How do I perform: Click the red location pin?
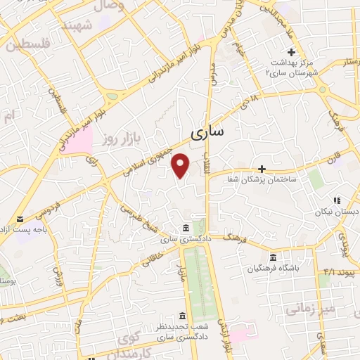181,165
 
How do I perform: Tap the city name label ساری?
207,131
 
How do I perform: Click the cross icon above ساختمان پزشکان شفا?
262,169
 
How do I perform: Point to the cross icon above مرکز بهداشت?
290,51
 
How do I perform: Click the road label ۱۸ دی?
250,106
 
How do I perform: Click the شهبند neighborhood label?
78,25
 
